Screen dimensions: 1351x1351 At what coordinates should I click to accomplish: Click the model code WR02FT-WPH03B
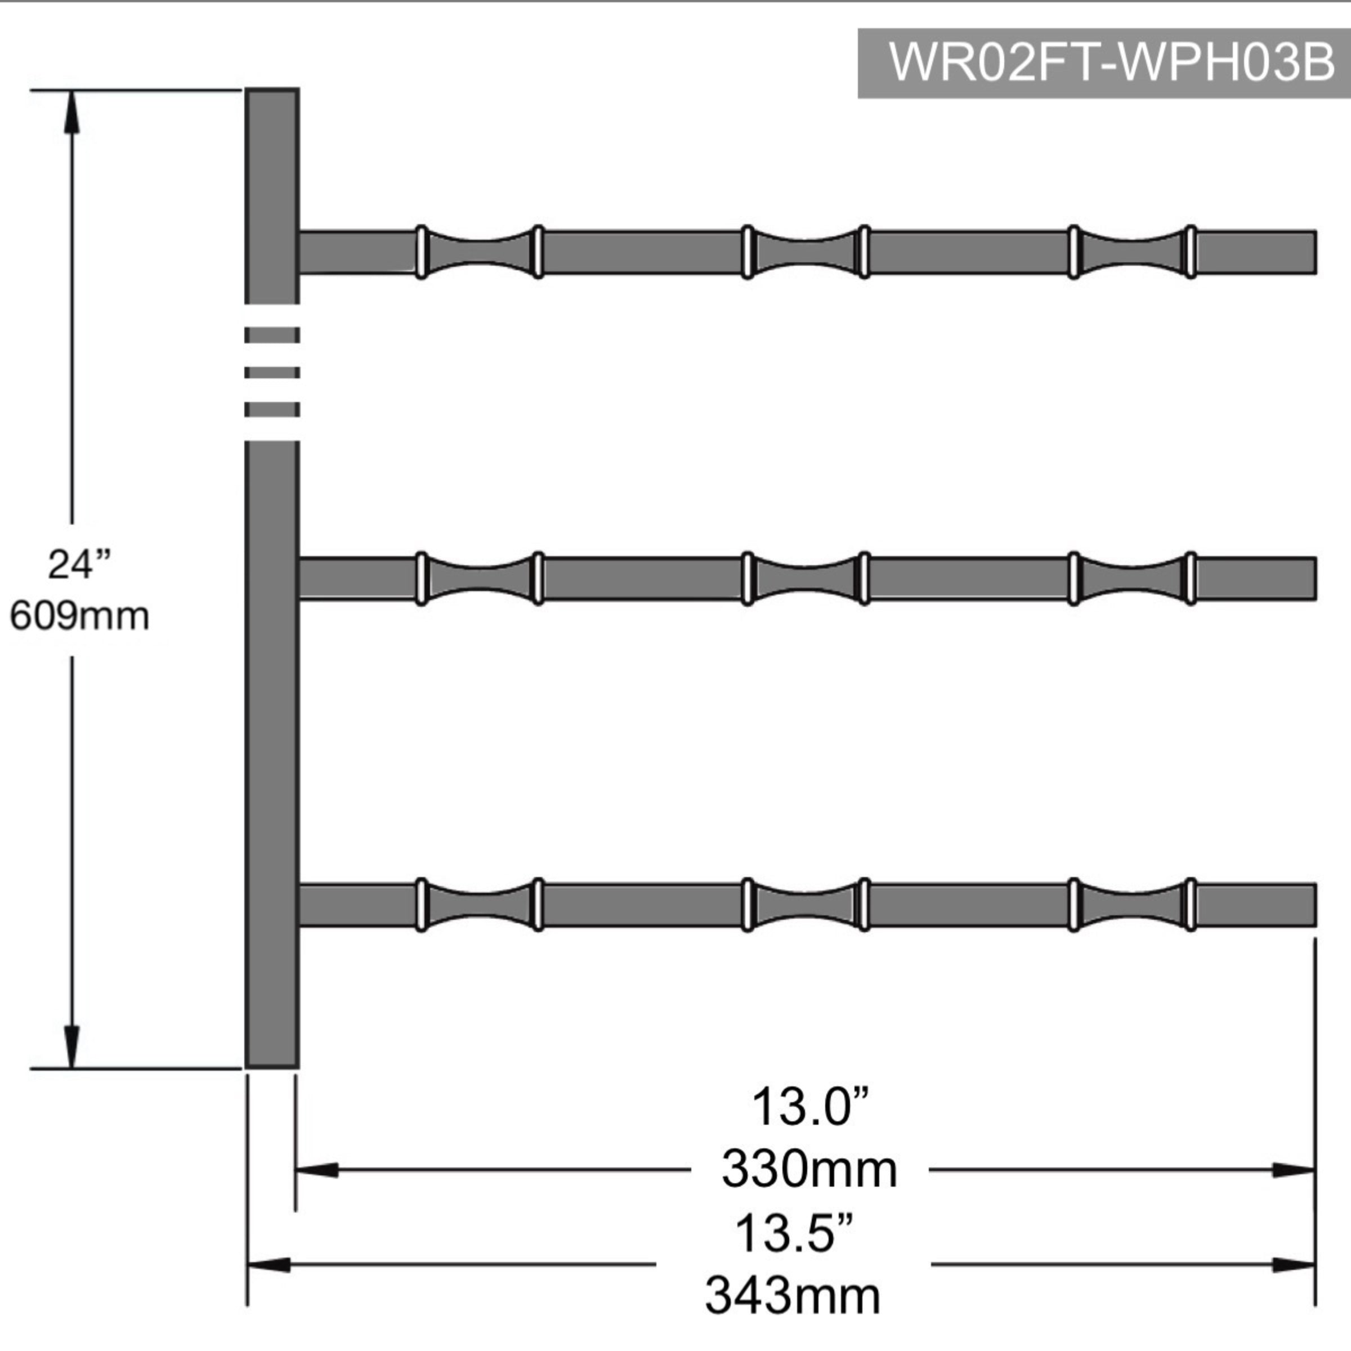1111,63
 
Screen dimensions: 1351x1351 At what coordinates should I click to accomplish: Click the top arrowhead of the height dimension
71,112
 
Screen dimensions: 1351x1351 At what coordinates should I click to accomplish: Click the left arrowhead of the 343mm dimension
269,1264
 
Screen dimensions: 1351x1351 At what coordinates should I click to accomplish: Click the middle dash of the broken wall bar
272,373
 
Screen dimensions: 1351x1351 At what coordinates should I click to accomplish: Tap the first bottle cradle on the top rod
480,252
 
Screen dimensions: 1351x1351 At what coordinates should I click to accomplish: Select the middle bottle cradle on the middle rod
806,579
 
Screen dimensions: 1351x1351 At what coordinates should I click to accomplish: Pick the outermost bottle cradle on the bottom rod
1132,905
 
